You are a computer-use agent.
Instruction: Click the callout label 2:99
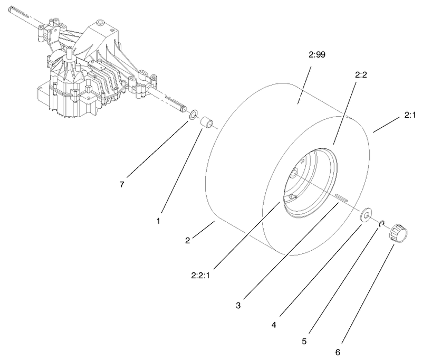[x=317, y=55]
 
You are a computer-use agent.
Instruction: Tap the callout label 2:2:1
[x=200, y=276]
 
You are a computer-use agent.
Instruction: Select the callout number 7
[x=122, y=185]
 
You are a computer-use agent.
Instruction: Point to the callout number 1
[x=158, y=221]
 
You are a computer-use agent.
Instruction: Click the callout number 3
[x=238, y=306]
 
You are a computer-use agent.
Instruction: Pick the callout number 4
[x=274, y=325]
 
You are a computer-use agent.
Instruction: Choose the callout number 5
[x=304, y=342]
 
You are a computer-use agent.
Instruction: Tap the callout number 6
[x=338, y=352]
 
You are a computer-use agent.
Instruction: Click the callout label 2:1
[x=410, y=115]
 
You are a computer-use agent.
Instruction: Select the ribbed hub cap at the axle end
[x=398, y=234]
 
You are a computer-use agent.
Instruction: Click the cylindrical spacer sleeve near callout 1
[x=206, y=122]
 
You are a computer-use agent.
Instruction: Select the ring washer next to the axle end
[x=194, y=114]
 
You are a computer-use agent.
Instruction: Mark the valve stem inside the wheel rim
[x=293, y=197]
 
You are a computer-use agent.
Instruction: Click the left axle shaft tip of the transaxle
[x=11, y=11]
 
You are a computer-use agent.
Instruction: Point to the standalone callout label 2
[x=188, y=241]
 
